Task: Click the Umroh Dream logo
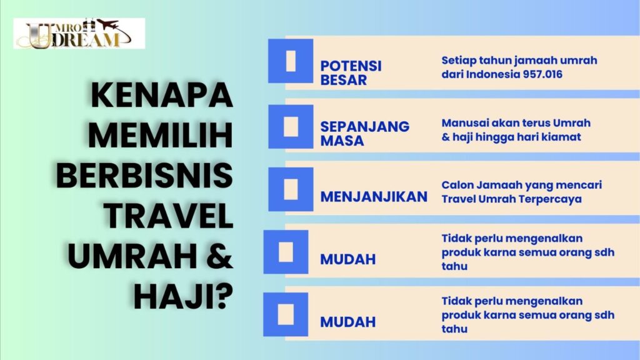click(79, 34)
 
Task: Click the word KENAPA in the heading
click(162, 96)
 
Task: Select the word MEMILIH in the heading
click(161, 135)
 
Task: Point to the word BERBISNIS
click(144, 176)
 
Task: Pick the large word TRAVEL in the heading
click(168, 216)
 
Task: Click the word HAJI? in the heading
click(184, 296)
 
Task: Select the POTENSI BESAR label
click(351, 72)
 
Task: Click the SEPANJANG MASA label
click(365, 134)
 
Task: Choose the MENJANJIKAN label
click(374, 197)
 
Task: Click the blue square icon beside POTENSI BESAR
click(291, 61)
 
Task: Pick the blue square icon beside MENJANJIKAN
click(291, 189)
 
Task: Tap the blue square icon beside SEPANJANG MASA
click(291, 126)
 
